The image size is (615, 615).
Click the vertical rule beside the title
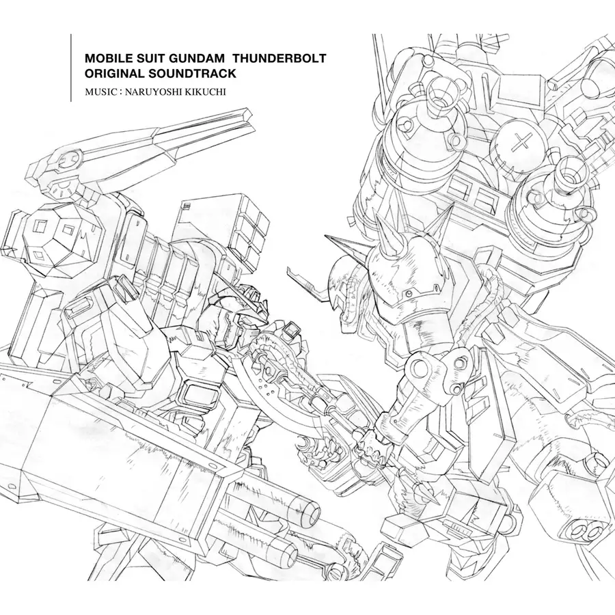coord(71,68)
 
